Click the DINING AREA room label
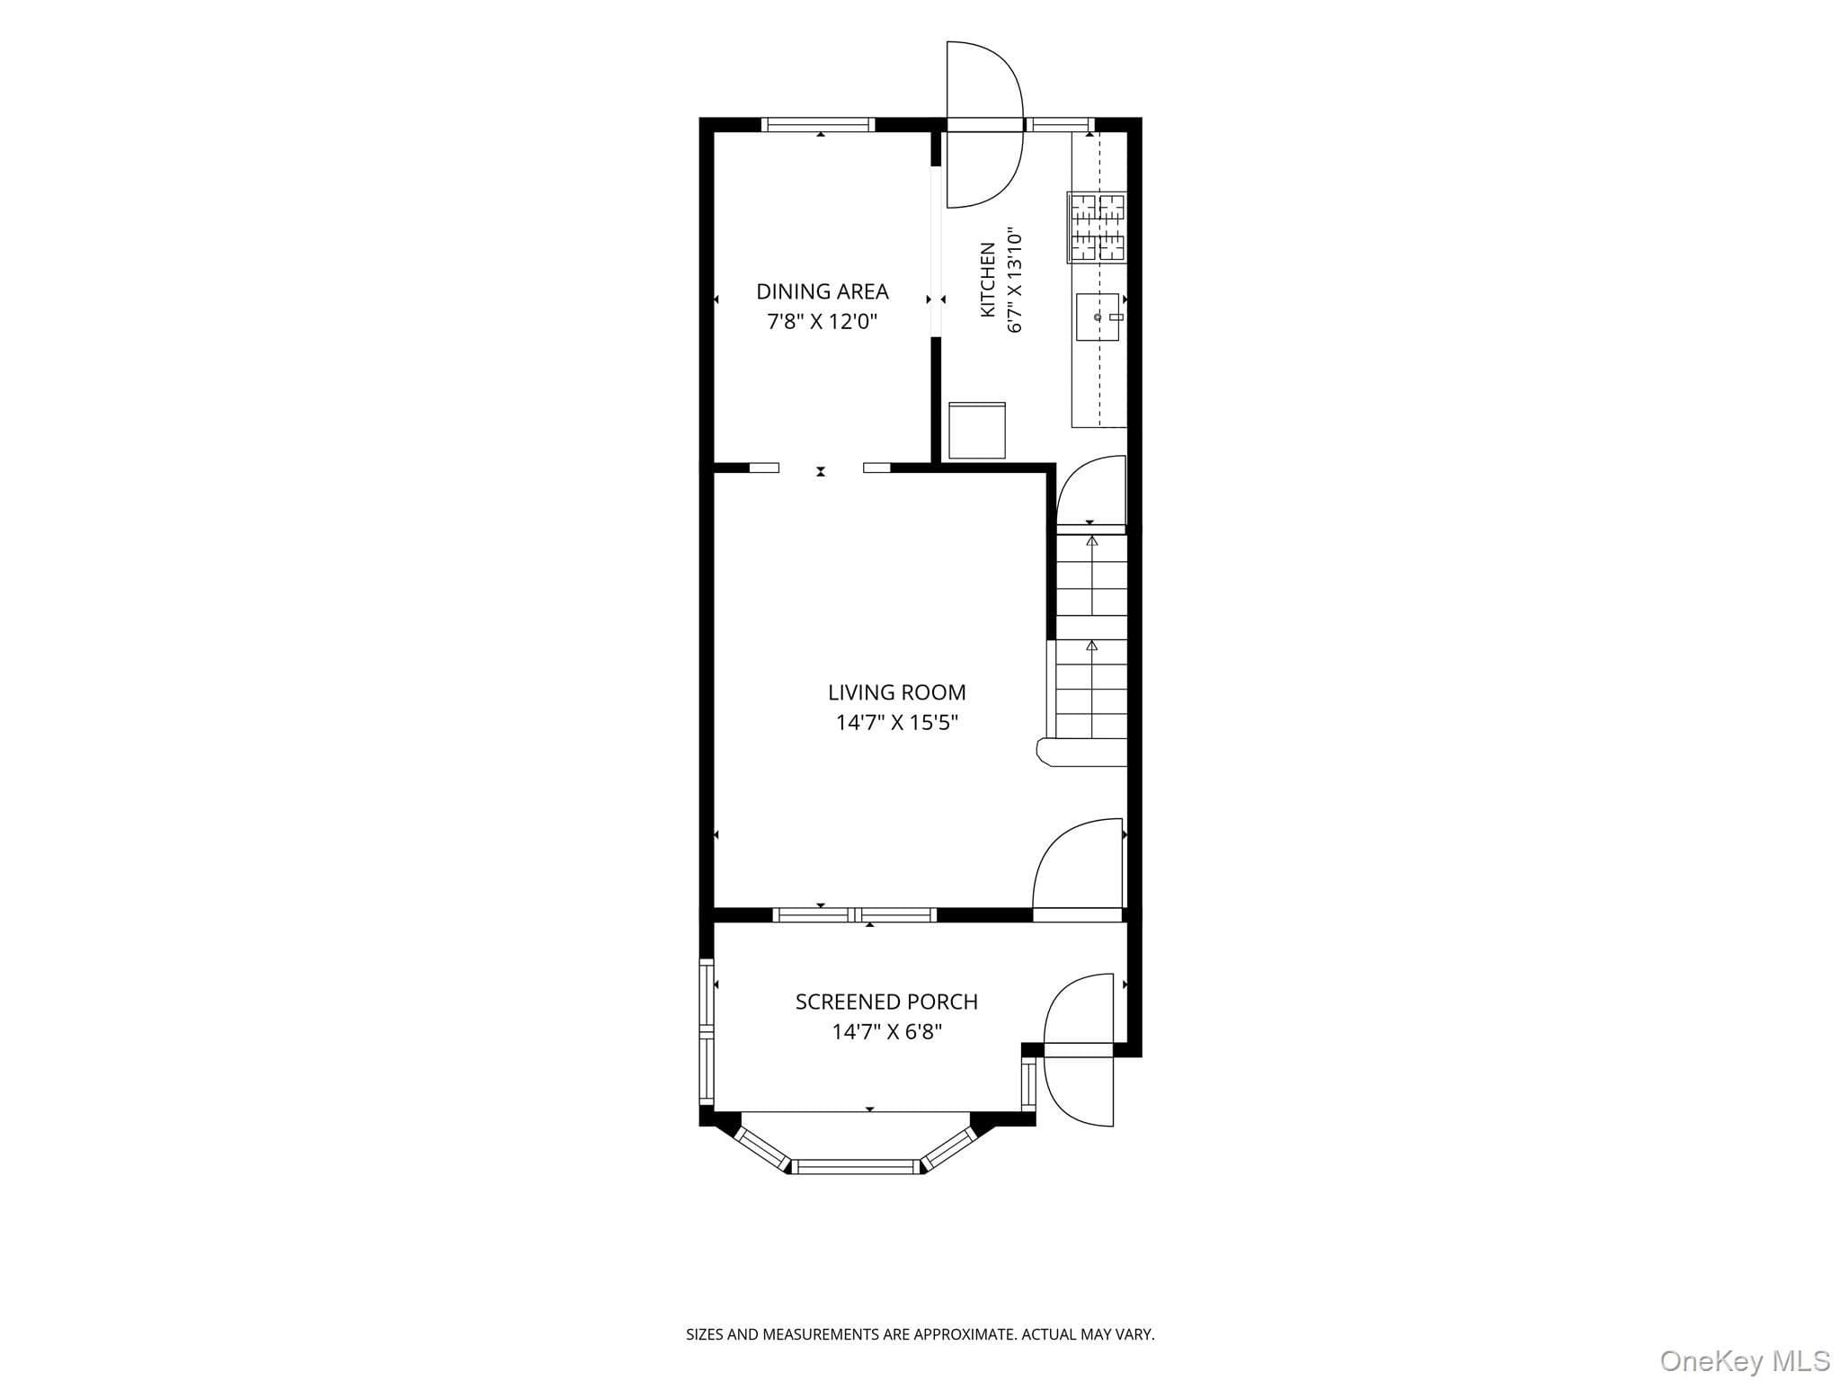click(822, 291)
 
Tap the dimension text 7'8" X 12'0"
click(822, 322)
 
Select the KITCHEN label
click(988, 280)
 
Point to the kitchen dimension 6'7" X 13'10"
click(1016, 281)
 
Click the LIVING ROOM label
click(896, 692)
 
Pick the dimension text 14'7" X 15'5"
click(897, 723)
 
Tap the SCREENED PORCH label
click(886, 1002)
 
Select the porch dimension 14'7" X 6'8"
click(886, 1032)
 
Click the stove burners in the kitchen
click(1097, 227)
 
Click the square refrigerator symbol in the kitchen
click(977, 431)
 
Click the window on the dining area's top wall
click(818, 125)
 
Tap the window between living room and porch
click(855, 915)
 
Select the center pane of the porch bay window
click(856, 1167)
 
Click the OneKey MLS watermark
click(1744, 1360)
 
